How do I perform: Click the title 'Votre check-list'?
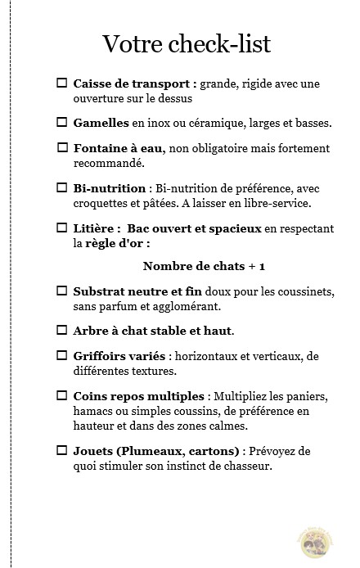pos(187,43)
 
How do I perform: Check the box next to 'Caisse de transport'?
pos(61,83)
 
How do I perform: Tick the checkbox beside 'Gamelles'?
pos(61,123)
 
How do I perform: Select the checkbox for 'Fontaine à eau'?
pos(62,148)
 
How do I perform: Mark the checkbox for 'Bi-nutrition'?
pos(61,187)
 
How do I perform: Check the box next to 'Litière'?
pos(61,227)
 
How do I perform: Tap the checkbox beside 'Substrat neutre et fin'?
pos(61,291)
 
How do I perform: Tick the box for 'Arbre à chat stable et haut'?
pos(61,330)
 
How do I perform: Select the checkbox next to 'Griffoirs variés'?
pos(61,355)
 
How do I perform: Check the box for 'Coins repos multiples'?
pos(61,395)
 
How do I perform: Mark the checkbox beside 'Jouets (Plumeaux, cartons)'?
pos(61,451)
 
